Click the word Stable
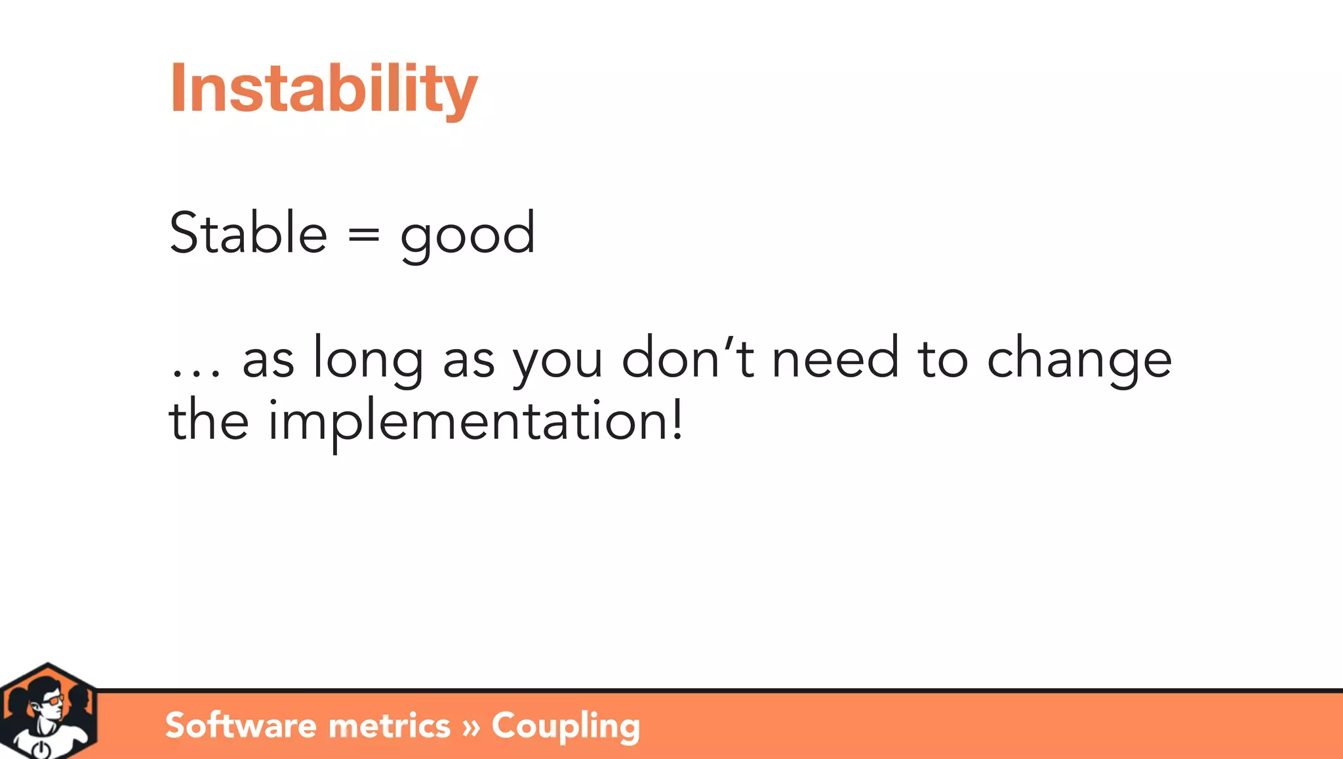[248, 233]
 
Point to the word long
[368, 358]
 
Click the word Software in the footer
[241, 726]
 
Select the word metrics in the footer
[389, 726]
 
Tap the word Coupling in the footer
[565, 726]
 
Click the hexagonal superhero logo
[49, 712]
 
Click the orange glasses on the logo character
[54, 701]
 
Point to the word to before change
[942, 359]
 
